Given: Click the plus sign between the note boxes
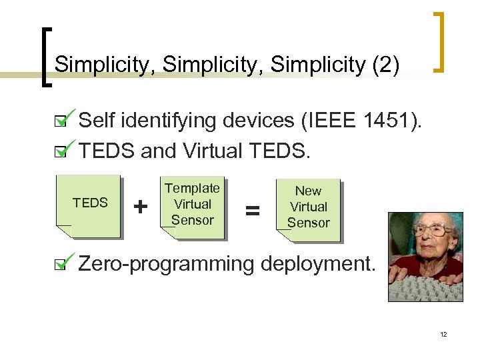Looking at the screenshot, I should coord(141,207).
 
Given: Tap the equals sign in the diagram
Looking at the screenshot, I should coord(251,211).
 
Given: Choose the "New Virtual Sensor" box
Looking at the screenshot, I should coord(308,207).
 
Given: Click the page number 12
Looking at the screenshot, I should coord(443,333).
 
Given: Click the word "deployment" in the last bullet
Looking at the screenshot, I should coord(318,264).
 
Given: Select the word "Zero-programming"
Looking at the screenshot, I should coord(166,264).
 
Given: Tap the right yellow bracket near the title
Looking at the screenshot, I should coord(441,41).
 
